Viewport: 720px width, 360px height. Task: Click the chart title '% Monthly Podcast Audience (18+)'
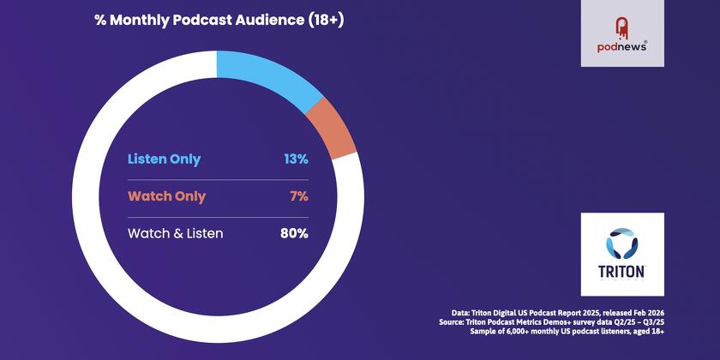[x=219, y=21]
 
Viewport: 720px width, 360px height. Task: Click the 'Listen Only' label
[x=165, y=159]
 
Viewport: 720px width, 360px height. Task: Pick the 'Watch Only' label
[x=166, y=196]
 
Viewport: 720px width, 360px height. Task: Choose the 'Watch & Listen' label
[x=175, y=233]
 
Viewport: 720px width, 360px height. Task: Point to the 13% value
[x=296, y=159]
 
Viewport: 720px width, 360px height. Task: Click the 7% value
[x=299, y=196]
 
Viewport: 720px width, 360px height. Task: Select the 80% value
[x=295, y=233]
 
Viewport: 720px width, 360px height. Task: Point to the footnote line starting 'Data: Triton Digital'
[x=558, y=313]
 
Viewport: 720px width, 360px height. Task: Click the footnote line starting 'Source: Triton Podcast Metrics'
[x=556, y=322]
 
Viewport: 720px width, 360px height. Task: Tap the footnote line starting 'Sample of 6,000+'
[x=566, y=332]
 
